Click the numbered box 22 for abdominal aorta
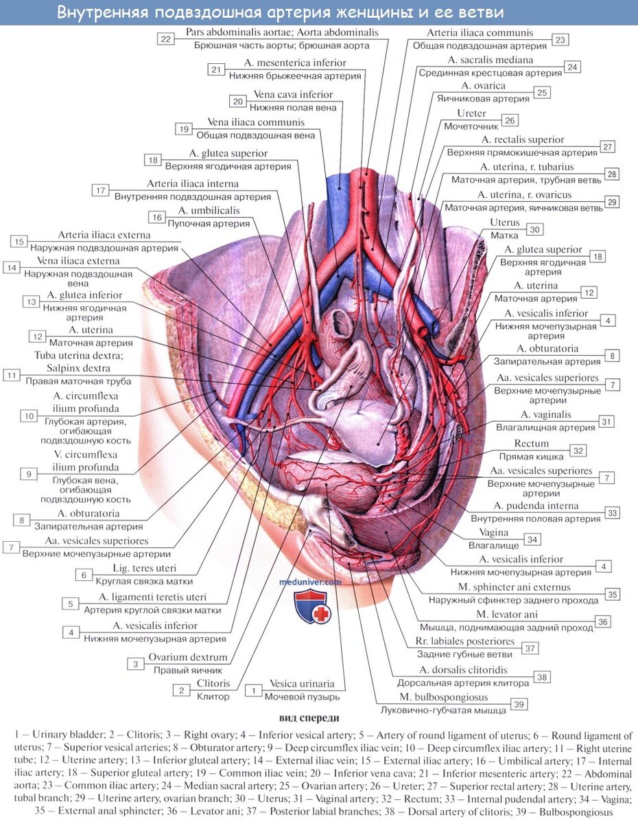pyautogui.click(x=165, y=39)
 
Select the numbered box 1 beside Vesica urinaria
pyautogui.click(x=253, y=691)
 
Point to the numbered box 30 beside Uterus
pyautogui.click(x=534, y=229)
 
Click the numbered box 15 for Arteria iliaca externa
pyautogui.click(x=19, y=242)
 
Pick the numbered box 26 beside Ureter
pyautogui.click(x=510, y=121)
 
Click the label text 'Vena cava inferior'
pyautogui.click(x=293, y=95)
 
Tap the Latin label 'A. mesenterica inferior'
pyautogui.click(x=295, y=62)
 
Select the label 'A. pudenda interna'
pyautogui.click(x=536, y=505)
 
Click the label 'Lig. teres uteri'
pyautogui.click(x=144, y=568)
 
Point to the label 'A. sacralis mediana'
pyautogui.click(x=491, y=60)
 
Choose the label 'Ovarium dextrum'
pyautogui.click(x=188, y=657)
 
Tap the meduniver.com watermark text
pyautogui.click(x=310, y=582)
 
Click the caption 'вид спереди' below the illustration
pyautogui.click(x=309, y=718)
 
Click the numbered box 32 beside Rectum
pyautogui.click(x=578, y=450)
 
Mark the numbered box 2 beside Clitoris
pyautogui.click(x=182, y=691)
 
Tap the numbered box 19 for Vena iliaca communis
pyautogui.click(x=184, y=129)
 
